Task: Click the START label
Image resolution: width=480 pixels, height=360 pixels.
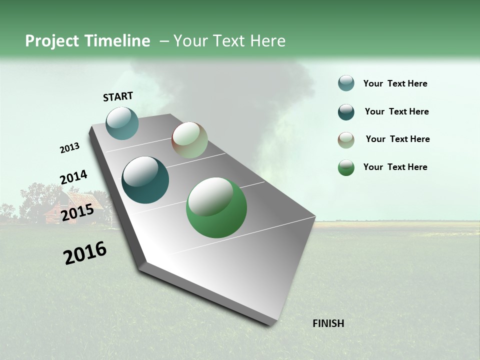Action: click(x=118, y=96)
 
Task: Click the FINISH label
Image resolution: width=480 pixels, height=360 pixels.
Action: click(x=328, y=323)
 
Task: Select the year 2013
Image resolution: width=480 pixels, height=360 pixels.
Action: click(x=69, y=148)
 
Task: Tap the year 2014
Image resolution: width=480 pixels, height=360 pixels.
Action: click(x=73, y=177)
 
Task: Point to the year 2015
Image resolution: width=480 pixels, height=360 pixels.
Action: click(x=77, y=212)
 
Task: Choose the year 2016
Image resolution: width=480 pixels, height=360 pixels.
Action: click(x=85, y=253)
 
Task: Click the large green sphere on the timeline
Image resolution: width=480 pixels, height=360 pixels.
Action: click(x=216, y=207)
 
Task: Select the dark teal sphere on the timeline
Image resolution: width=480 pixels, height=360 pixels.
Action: click(x=145, y=180)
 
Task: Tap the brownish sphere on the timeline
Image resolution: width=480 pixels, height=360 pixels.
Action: click(x=189, y=140)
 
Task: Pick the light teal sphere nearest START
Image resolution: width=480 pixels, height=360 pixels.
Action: click(x=122, y=123)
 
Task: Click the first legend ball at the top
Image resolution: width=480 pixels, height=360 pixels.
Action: click(x=346, y=83)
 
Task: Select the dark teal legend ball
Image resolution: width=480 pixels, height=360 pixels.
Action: click(x=346, y=112)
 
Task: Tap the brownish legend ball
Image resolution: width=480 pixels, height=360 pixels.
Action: click(x=346, y=140)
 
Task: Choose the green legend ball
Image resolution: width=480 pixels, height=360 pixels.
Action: click(x=346, y=167)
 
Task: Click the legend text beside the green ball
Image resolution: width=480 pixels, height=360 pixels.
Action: click(x=395, y=167)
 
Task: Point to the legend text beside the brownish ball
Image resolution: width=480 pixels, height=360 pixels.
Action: click(x=397, y=139)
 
